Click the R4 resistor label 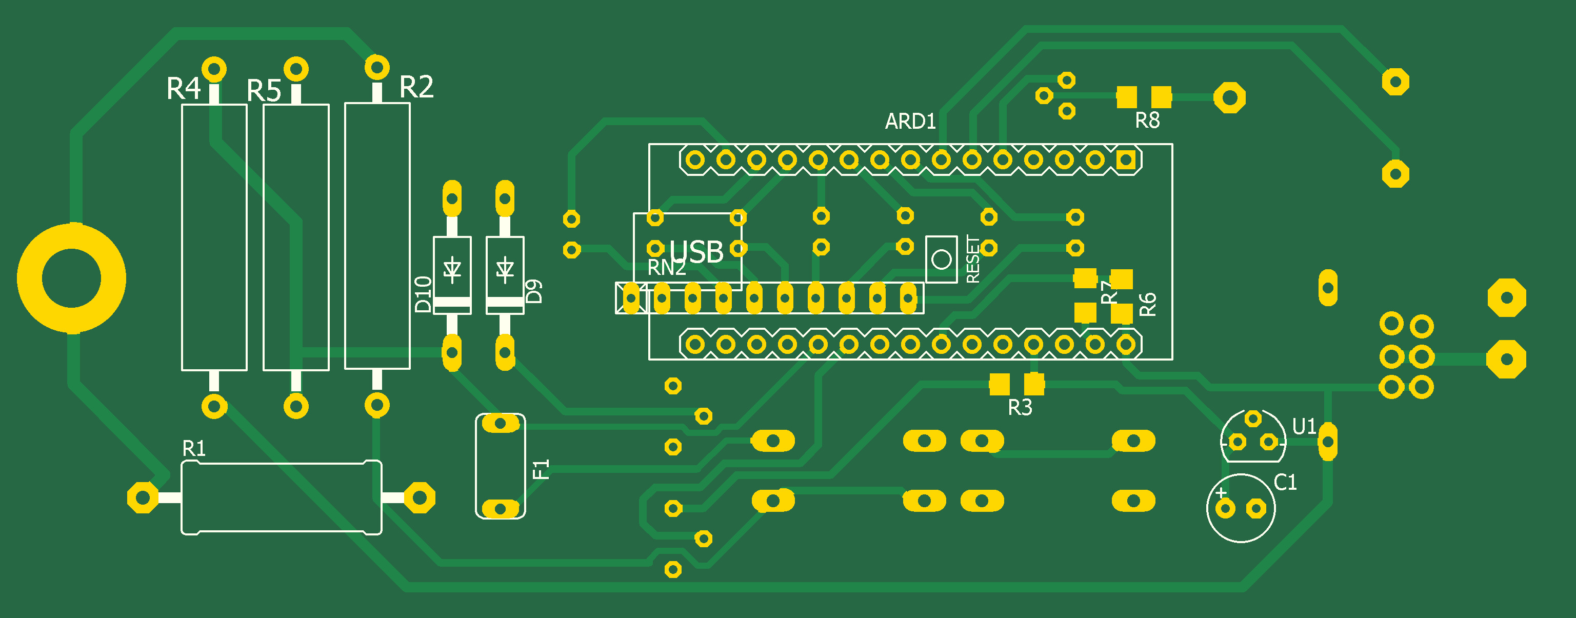coord(183,89)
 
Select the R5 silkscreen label coord(264,91)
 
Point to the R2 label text coord(416,87)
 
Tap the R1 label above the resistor coord(194,449)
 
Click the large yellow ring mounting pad coord(72,278)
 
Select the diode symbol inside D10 coord(452,269)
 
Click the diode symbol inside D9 coord(505,269)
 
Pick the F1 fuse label coord(542,469)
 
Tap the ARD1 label coord(910,121)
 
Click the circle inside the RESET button coord(942,260)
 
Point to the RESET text coord(972,260)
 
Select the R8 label coord(1147,121)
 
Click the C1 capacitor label coord(1285,483)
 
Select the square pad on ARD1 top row coord(1126,160)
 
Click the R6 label coord(1148,304)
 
